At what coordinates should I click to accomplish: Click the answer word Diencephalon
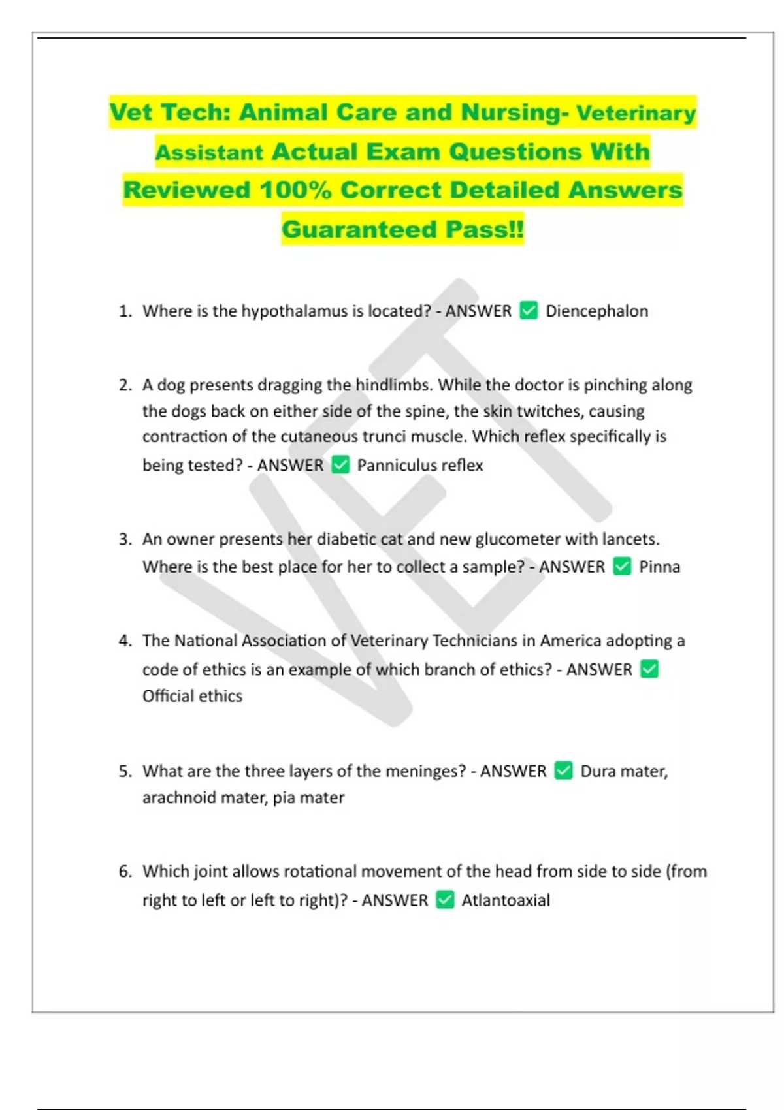(596, 311)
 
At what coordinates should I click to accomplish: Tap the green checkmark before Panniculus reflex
(340, 465)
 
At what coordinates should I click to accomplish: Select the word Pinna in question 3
(659, 567)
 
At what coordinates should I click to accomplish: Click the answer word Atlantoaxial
(506, 900)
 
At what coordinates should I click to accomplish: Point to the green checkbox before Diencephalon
(529, 310)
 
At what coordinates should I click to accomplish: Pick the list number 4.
(125, 641)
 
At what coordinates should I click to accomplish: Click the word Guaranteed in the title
(359, 229)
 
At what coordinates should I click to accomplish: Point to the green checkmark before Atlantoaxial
(445, 900)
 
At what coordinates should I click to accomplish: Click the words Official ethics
(192, 696)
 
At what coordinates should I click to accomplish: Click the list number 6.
(125, 871)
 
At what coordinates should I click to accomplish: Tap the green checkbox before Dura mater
(563, 770)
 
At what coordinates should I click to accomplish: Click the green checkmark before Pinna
(622, 566)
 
